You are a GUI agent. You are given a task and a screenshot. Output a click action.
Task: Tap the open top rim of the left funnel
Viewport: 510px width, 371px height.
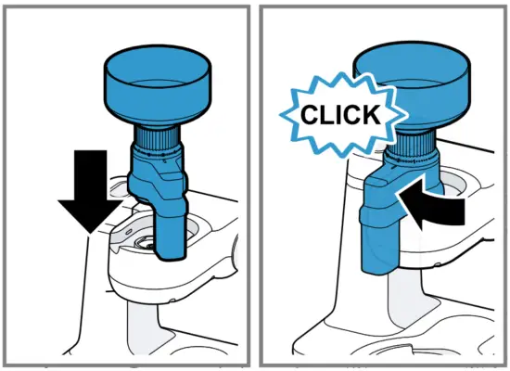[x=156, y=58]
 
